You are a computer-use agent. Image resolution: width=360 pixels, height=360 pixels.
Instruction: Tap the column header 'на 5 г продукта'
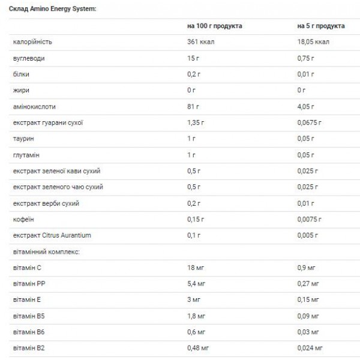(321, 26)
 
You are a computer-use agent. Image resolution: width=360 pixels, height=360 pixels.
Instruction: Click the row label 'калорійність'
(32, 42)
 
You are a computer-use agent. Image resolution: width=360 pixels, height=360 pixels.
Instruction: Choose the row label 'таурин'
(24, 139)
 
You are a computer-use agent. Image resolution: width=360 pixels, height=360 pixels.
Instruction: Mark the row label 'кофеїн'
(24, 218)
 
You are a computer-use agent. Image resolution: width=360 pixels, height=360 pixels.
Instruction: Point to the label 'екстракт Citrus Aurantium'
(52, 235)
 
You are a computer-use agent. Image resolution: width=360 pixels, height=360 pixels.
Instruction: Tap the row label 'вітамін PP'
(29, 283)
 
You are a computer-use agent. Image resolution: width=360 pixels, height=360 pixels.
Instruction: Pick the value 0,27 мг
(308, 283)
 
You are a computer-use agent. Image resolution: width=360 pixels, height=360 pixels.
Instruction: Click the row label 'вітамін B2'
(29, 347)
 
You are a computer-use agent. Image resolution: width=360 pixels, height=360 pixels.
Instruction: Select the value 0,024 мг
(310, 347)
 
